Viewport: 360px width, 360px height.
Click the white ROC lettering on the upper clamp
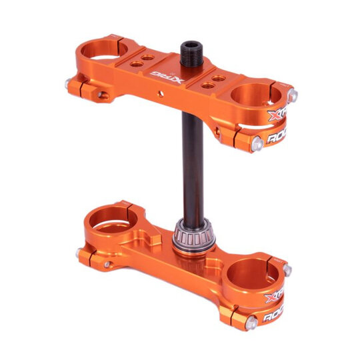[x=279, y=139]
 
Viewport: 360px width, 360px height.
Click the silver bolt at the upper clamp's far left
[x=69, y=84]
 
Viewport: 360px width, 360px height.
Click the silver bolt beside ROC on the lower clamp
[x=251, y=323]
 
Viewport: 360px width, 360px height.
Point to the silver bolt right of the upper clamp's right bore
[x=293, y=95]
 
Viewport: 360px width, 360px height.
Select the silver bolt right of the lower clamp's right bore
[x=287, y=270]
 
